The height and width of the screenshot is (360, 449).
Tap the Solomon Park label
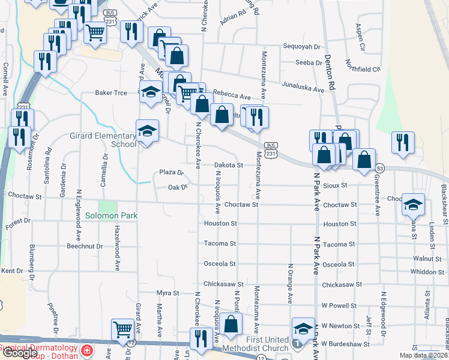point(111,215)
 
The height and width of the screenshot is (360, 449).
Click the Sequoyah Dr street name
point(301,46)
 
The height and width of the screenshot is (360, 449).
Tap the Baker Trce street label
point(111,93)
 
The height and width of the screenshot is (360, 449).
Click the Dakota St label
point(229,165)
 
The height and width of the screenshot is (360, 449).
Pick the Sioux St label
point(336,185)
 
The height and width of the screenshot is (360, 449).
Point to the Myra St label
point(168,293)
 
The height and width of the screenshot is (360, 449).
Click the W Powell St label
point(340,305)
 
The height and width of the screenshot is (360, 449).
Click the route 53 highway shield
point(380,169)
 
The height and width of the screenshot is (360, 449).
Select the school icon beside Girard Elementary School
point(146,131)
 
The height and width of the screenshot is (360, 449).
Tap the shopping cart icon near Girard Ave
point(122,329)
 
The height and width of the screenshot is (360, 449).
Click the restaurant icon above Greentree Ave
point(403,142)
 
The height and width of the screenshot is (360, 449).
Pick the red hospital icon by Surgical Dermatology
point(87,350)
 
